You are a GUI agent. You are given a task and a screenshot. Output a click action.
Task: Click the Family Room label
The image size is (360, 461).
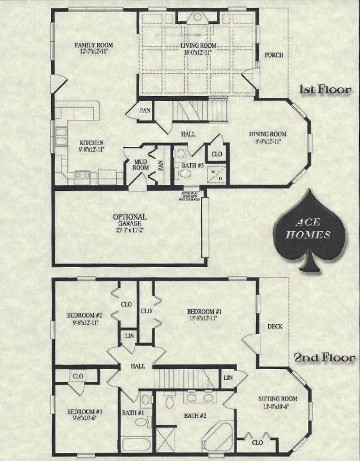94,45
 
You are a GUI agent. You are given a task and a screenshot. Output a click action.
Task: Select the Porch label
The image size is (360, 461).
274,55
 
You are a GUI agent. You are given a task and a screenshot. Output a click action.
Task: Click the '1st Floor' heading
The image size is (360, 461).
324,89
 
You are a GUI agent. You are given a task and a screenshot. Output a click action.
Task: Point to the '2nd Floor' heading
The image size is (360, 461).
324,358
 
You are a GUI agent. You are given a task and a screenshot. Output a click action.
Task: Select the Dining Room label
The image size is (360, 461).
267,134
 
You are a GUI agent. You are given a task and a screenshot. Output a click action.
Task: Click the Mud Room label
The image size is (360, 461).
141,165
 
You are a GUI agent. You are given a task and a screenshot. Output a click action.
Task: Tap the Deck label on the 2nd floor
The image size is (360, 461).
275,326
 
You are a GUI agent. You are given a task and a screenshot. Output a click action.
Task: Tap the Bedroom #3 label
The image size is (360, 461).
85,412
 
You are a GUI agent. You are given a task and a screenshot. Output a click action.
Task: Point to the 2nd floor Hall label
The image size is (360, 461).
137,366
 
